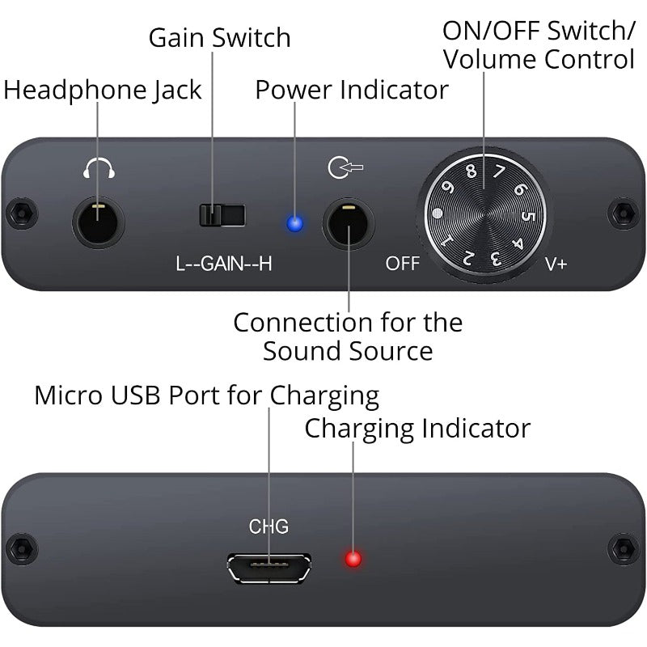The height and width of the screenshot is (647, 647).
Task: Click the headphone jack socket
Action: (x=98, y=223)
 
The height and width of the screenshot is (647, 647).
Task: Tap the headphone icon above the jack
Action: (x=99, y=168)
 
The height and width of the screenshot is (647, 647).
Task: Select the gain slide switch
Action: (x=222, y=215)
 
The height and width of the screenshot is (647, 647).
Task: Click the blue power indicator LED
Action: (x=295, y=224)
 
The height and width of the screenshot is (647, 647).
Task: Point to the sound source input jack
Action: (x=348, y=224)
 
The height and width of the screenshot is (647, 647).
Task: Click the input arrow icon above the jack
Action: (x=345, y=168)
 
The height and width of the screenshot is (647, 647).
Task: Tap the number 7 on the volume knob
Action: (x=499, y=171)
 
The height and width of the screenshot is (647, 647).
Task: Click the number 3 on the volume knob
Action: (x=494, y=260)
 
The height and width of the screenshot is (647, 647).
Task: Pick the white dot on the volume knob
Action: (x=438, y=214)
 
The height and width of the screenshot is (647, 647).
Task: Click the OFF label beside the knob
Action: (x=402, y=264)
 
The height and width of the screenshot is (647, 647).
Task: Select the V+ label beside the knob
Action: (x=556, y=264)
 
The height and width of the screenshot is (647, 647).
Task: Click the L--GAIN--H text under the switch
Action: (x=223, y=264)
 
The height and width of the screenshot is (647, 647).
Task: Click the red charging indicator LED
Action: (x=353, y=559)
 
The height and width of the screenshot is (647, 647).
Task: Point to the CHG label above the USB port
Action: (x=269, y=527)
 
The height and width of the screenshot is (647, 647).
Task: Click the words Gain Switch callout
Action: (x=219, y=37)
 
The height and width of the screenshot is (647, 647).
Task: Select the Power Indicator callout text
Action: (x=351, y=90)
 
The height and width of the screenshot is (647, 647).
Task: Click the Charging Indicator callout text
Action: (x=417, y=428)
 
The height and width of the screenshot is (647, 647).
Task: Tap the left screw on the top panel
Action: (x=22, y=214)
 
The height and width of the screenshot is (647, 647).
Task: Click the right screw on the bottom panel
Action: (x=623, y=549)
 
